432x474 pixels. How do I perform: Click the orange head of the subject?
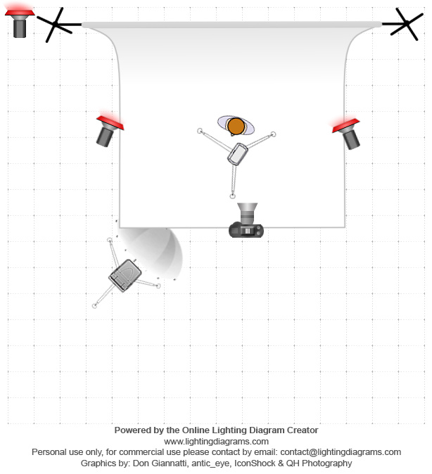coord(236,126)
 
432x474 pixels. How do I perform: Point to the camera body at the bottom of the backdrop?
coord(247,229)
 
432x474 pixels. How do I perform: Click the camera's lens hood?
coord(248,210)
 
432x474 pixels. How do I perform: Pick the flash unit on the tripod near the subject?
coord(238,153)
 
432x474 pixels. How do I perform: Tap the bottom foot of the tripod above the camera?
coord(232,197)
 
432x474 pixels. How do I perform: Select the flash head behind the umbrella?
coord(125,275)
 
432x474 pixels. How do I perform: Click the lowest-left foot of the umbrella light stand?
coord(94,306)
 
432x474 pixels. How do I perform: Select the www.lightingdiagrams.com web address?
coord(216,441)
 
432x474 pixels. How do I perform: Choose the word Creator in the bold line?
coord(302,430)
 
